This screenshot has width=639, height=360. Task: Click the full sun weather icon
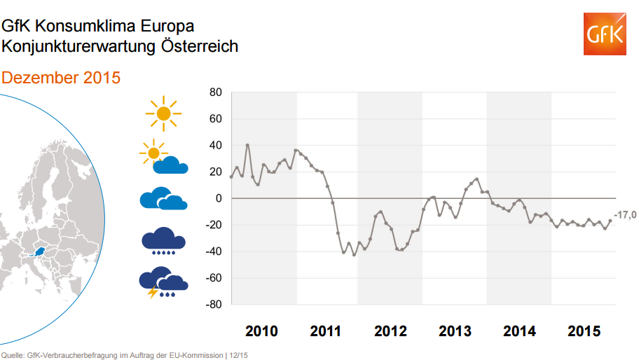(163, 112)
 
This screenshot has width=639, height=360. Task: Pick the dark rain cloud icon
(163, 240)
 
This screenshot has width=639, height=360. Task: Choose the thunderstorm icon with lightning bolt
(163, 283)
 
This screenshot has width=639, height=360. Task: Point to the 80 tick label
(215, 92)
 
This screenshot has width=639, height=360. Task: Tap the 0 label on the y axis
(219, 199)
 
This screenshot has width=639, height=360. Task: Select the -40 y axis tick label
(213, 252)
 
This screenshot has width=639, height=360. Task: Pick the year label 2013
(455, 331)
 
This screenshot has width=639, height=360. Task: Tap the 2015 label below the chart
(584, 331)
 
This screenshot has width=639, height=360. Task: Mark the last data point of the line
(610, 221)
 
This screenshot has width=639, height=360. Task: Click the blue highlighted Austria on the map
(41, 250)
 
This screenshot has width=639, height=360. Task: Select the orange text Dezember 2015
(61, 78)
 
